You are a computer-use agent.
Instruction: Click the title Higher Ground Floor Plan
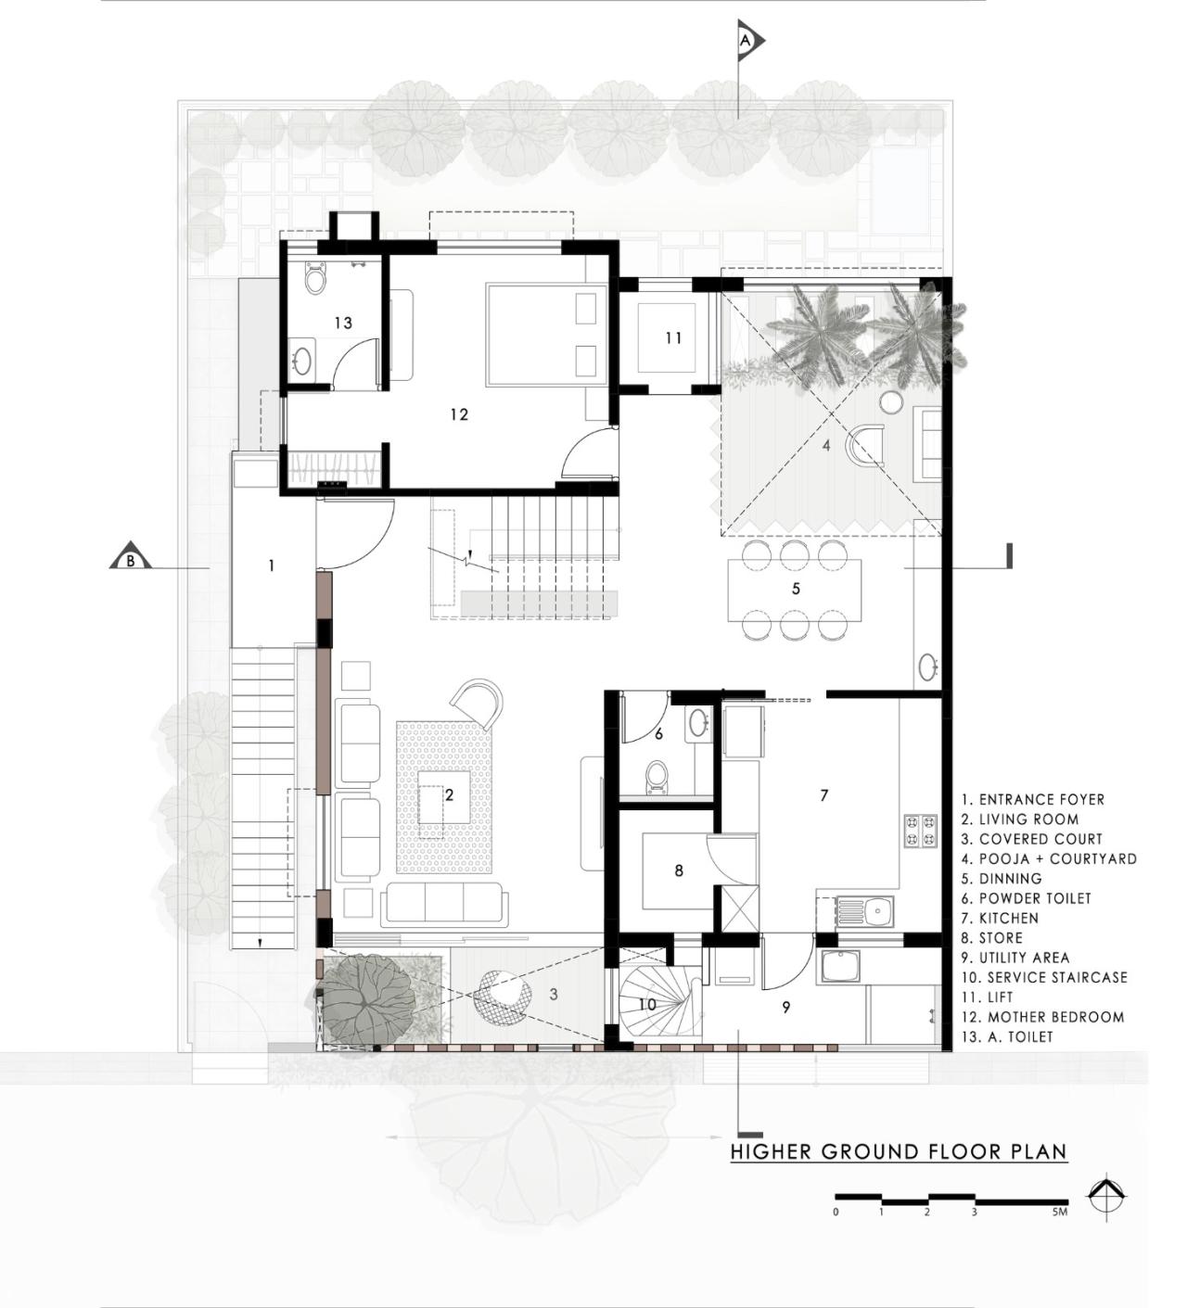tap(898, 1152)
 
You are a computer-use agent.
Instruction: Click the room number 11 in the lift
tap(673, 338)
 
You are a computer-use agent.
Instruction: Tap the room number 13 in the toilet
tap(343, 323)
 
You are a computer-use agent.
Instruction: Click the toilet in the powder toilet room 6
tap(657, 777)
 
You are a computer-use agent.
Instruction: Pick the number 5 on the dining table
tap(796, 589)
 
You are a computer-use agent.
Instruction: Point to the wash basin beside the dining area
tap(927, 665)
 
